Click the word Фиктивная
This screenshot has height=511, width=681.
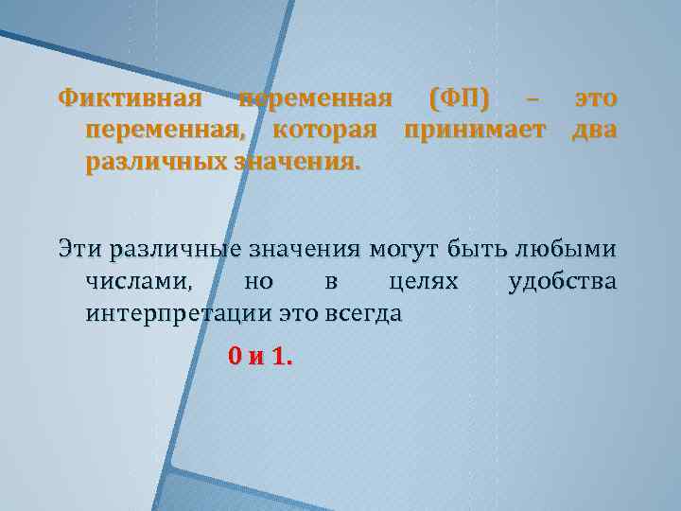[130, 98]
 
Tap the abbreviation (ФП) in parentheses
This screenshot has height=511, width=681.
[460, 98]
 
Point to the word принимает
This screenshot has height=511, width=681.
[475, 130]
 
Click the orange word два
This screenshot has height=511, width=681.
[594, 130]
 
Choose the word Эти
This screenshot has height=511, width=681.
[79, 250]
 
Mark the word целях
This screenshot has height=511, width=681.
[424, 281]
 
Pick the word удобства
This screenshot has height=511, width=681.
[562, 281]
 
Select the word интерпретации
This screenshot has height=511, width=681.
[178, 312]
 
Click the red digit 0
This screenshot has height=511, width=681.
[235, 357]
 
